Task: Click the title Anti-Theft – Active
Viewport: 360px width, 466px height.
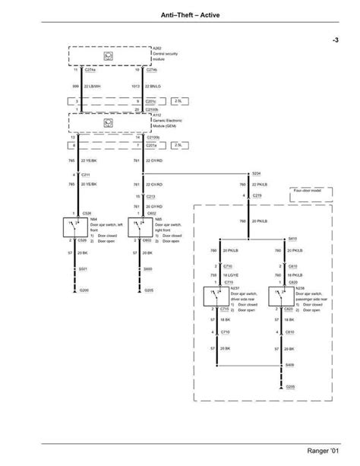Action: [x=179, y=14]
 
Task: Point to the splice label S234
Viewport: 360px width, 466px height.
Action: [x=255, y=172]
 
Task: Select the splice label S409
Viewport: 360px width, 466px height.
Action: [x=290, y=366]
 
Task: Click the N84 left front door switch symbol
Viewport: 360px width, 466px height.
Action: [x=74, y=227]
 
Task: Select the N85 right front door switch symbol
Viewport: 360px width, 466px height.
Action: [x=141, y=227]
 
